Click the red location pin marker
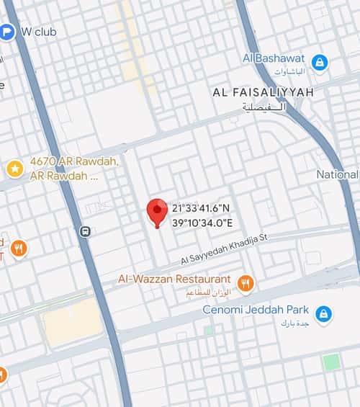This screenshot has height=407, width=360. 157,211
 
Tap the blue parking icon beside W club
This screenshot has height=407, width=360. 6,32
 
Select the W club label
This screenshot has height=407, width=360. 39,32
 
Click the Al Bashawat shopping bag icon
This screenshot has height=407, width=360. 319,63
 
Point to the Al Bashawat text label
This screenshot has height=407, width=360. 274,58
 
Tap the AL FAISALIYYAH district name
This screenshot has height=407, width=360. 263,92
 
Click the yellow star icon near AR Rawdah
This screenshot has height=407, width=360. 14,169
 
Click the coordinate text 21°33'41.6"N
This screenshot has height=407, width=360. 202,208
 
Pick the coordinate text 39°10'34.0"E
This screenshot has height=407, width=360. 202,222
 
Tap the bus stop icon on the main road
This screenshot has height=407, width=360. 85,232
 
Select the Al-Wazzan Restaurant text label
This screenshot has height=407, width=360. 174,279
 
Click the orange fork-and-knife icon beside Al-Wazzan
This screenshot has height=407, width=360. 246,284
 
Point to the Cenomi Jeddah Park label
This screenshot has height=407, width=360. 256,310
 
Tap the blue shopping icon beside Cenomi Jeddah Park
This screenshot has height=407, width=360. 324,315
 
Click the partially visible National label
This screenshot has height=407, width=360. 338,174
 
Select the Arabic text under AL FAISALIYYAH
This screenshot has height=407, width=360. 264,107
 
